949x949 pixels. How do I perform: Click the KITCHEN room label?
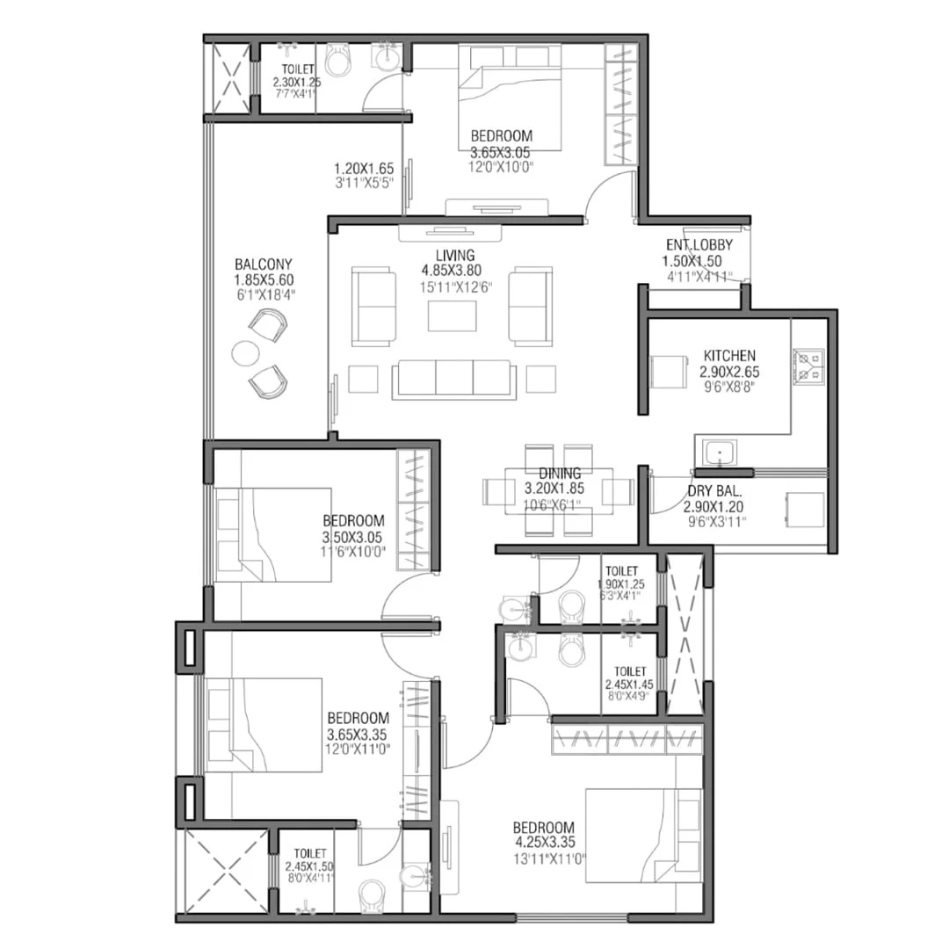coord(729,355)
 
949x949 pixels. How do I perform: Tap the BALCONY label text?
coord(264,264)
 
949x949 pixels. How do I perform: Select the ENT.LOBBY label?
coord(699,244)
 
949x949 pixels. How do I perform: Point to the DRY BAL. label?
coord(714,491)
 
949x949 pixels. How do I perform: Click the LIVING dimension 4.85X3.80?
coord(452,271)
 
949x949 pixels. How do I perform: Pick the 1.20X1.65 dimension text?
coord(364,168)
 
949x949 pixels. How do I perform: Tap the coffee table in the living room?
coord(453,316)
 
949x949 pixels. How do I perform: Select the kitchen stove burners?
coord(808,366)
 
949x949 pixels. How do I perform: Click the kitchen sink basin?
coord(719,453)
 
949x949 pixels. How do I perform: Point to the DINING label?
coord(560,474)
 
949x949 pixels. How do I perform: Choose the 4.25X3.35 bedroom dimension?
coord(546,842)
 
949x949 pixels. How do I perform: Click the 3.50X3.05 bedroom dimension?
coord(352,537)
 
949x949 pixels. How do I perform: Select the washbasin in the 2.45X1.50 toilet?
coord(415,874)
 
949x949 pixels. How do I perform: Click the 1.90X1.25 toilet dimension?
coord(621,584)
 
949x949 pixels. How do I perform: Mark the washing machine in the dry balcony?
coord(806,510)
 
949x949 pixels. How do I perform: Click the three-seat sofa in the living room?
coord(454,380)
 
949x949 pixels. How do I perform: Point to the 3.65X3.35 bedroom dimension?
coord(357,735)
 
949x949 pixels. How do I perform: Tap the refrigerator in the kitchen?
coord(670,371)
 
